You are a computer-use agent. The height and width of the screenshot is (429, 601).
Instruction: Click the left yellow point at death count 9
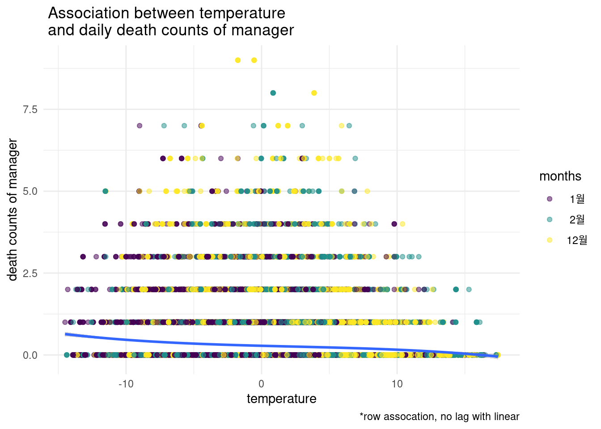238,60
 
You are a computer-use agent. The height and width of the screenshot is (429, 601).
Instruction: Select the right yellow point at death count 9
254,60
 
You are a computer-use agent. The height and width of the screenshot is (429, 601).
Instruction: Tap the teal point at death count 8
273,93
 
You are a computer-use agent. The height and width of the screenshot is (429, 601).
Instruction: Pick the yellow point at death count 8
314,93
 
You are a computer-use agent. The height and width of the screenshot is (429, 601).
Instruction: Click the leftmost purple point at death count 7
140,126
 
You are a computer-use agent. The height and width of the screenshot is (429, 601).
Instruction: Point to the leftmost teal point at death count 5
105,191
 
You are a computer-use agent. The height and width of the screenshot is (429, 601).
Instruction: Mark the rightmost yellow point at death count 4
402,224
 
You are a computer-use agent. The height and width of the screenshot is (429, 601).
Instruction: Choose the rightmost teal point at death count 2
469,290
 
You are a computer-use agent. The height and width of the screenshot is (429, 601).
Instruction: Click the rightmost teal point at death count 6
355,158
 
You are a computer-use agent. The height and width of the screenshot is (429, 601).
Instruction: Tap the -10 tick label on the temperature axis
126,384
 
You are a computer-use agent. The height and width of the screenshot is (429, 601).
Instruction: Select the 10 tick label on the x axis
397,384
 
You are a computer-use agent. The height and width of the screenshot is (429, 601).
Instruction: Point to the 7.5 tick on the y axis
30,109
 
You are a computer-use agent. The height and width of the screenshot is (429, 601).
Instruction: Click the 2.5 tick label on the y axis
30,273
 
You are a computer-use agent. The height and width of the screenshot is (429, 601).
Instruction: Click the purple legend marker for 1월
550,199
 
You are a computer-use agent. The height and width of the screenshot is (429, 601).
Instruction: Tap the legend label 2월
577,219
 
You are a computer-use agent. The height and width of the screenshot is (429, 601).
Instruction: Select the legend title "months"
560,177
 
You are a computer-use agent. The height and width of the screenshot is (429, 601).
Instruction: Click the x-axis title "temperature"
281,399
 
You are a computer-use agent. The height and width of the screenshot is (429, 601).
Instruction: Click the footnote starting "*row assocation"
440,417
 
